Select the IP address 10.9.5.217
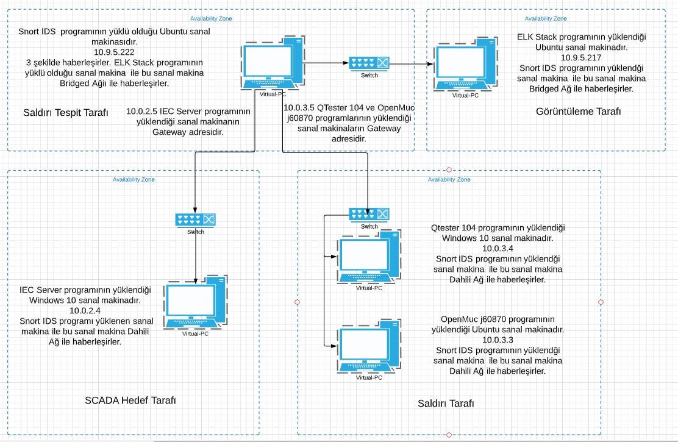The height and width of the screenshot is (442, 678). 581,57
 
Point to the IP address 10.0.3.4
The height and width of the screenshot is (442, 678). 498,249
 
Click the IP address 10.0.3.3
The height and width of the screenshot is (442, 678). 498,340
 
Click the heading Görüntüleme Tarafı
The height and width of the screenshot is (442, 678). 578,111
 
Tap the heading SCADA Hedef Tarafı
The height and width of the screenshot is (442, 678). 130,401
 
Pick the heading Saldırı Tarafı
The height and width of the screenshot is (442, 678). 446,404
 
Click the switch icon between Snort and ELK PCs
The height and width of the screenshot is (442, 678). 369,63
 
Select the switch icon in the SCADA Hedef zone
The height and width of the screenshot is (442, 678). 195,219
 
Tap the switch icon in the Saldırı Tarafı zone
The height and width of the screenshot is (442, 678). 369,214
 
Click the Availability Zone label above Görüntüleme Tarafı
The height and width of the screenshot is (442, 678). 546,19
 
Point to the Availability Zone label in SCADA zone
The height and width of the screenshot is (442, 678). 134,179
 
